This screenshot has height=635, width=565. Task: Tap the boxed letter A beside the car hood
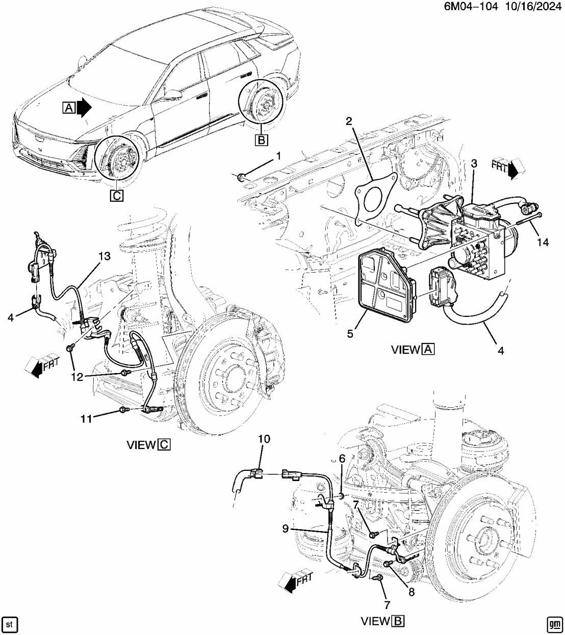coord(69,108)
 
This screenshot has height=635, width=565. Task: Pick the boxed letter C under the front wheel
coord(116,195)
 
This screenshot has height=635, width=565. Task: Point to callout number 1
coord(278,155)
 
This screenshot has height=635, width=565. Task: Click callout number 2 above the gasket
coord(349,121)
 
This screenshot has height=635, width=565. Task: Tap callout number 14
coord(543,242)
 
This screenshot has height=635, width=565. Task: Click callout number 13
coord(104,257)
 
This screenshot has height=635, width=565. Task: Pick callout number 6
coord(342,459)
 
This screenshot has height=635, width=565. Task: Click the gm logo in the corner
coord(554,624)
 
